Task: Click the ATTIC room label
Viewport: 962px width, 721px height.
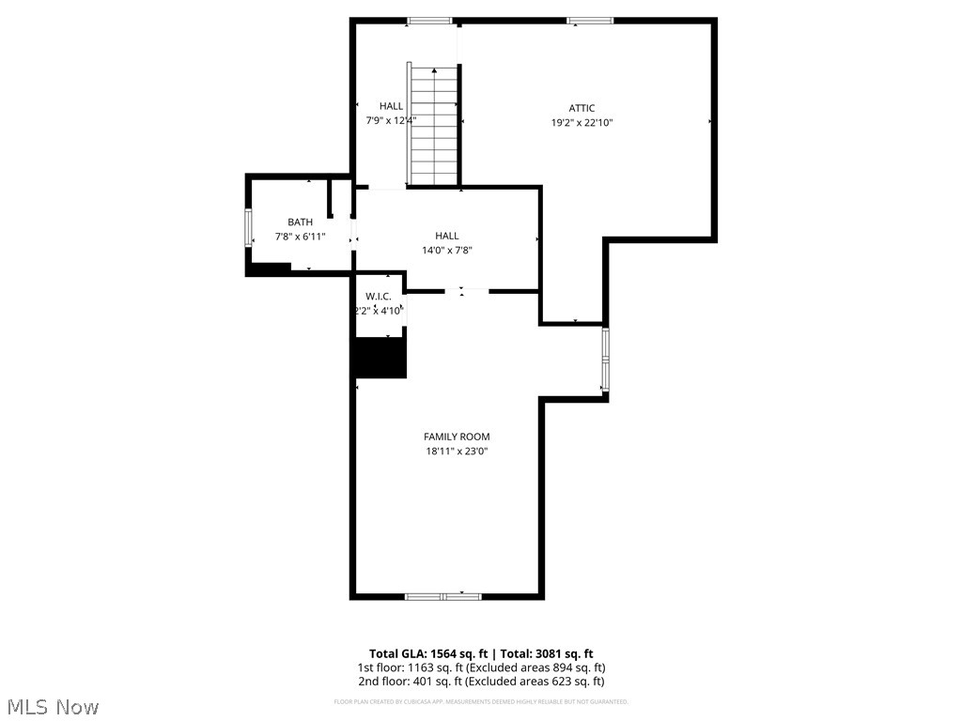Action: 582,108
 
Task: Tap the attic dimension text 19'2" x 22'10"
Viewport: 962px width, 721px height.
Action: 582,122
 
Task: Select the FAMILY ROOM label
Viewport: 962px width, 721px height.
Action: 457,437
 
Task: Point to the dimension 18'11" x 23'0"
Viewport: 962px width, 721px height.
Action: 457,451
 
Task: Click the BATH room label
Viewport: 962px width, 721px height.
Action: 300,222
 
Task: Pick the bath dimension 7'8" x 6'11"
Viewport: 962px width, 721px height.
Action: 300,237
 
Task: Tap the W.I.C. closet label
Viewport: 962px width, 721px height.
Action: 379,297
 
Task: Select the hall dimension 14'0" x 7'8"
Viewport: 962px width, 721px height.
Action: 446,250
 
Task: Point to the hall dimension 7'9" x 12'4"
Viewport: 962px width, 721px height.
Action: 391,120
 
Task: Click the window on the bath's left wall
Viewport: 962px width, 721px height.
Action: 249,228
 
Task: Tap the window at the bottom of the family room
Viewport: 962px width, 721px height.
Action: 442,595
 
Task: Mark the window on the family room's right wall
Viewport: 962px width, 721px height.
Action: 606,360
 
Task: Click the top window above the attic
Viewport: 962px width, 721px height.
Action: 590,20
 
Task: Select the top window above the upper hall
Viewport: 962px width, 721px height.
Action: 429,20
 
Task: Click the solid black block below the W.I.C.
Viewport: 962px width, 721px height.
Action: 380,358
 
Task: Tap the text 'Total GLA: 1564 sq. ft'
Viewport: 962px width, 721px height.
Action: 427,653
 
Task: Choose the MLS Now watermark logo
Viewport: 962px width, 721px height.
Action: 52,706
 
